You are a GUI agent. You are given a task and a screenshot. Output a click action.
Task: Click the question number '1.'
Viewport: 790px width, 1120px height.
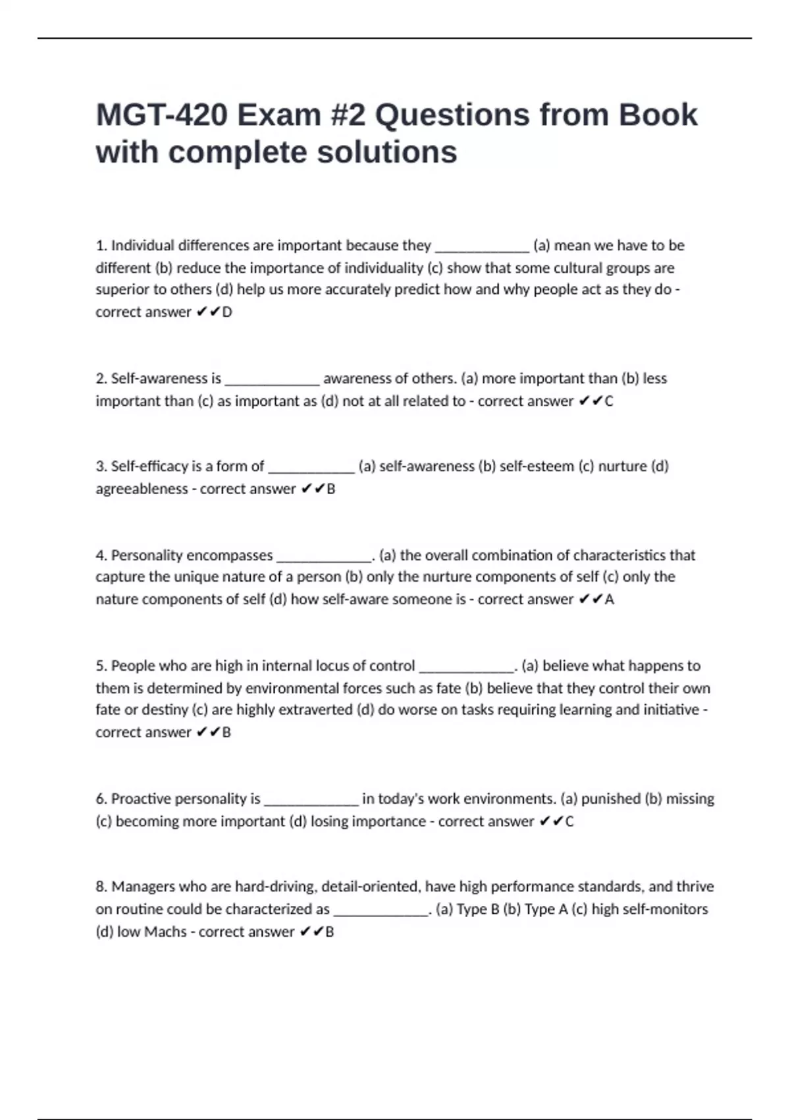(101, 246)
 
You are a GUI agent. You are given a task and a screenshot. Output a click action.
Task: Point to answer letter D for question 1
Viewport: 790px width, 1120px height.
(227, 312)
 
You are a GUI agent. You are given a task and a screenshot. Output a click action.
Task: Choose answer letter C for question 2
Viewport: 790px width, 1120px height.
(608, 401)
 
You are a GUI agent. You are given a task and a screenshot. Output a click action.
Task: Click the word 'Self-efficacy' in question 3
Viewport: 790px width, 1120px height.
(149, 466)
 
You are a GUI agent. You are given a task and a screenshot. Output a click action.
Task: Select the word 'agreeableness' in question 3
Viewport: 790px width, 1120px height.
(142, 489)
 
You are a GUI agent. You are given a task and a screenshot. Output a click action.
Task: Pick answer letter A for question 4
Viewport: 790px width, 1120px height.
(609, 600)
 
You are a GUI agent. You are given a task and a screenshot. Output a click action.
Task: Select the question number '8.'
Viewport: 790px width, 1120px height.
(101, 887)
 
